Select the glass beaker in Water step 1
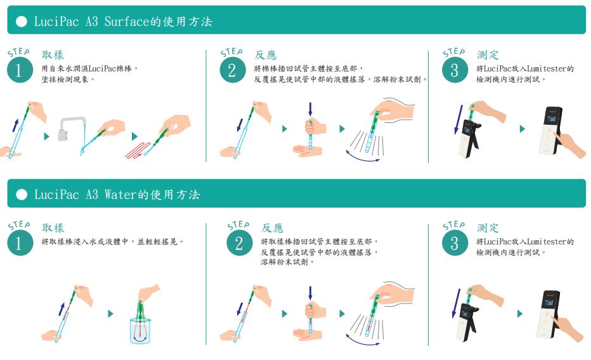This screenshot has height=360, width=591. tap(140, 331)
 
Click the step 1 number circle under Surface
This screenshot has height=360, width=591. tap(20, 70)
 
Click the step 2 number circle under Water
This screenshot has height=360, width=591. tap(239, 243)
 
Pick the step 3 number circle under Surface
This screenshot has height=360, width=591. tap(455, 70)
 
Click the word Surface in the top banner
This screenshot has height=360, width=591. tap(127, 21)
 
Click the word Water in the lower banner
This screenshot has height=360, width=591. tap(120, 195)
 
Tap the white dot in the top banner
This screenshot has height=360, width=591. tap(22, 21)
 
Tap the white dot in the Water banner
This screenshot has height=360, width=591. tap(22, 195)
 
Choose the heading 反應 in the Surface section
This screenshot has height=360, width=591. tap(266, 55)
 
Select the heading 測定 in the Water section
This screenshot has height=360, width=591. tap(488, 228)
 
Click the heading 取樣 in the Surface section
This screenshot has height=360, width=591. tap(53, 55)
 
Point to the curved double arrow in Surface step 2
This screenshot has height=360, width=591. tap(363, 158)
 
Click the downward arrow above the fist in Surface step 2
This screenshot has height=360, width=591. tap(310, 109)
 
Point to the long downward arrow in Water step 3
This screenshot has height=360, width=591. tap(456, 304)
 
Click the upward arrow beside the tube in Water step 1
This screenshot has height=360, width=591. tap(62, 309)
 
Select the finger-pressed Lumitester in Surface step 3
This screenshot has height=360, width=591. tap(550, 131)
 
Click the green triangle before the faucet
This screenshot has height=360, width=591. tap(47, 136)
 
